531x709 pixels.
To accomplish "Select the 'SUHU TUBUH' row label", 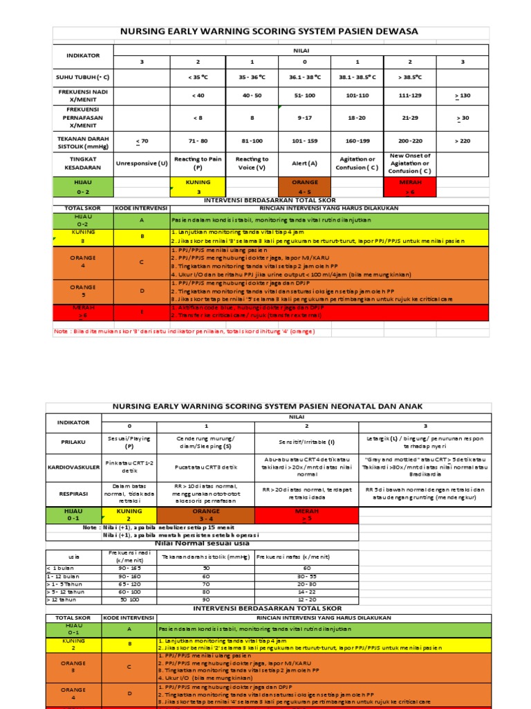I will pos(83,78).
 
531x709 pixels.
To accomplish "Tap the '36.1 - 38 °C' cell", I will pos(304,78).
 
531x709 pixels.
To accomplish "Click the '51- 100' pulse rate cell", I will pos(304,96).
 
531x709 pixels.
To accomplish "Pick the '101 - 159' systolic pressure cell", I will pos(304,141).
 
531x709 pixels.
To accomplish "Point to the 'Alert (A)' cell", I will pos(304,163).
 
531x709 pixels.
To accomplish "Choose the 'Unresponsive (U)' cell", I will pos(142,163).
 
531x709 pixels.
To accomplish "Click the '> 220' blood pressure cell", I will pos(463,141).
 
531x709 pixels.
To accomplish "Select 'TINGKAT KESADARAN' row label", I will pos(83,163).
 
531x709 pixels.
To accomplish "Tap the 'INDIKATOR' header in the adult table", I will pos(83,55).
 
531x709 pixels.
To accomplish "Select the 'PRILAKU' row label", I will pos(73,439).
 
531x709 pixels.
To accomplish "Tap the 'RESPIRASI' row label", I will pos(73,492).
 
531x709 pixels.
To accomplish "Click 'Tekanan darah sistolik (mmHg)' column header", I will pos(205,556).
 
